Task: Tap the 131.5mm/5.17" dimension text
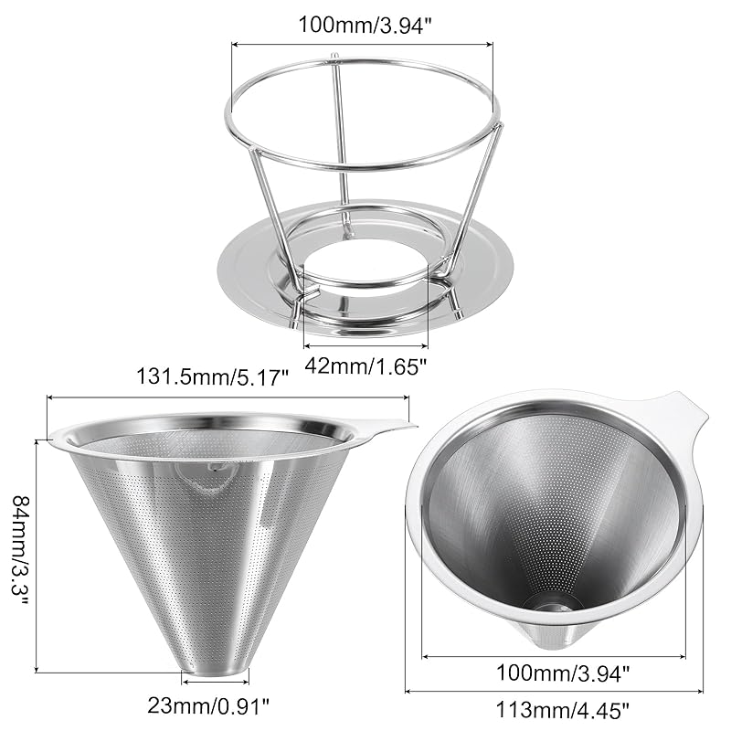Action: [212, 375]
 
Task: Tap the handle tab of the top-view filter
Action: [681, 416]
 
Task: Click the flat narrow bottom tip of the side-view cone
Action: [215, 672]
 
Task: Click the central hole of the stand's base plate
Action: [365, 274]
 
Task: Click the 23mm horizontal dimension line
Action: [215, 681]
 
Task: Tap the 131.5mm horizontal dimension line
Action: [228, 397]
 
